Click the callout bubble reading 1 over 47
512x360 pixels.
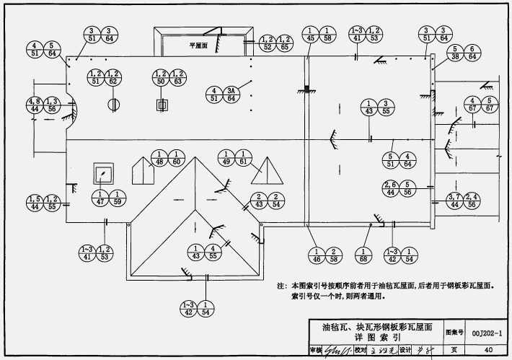(x=99, y=197)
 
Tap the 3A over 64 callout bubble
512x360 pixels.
(x=231, y=95)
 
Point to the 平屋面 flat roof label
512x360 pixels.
(x=198, y=44)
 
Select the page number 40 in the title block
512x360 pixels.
(x=489, y=351)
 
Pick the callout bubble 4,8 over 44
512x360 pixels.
(x=35, y=105)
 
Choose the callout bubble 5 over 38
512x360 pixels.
(x=455, y=53)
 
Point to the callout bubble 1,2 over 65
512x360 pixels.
(x=284, y=43)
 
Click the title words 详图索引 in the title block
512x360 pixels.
(x=377, y=337)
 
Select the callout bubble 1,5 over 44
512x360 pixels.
(x=33, y=203)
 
